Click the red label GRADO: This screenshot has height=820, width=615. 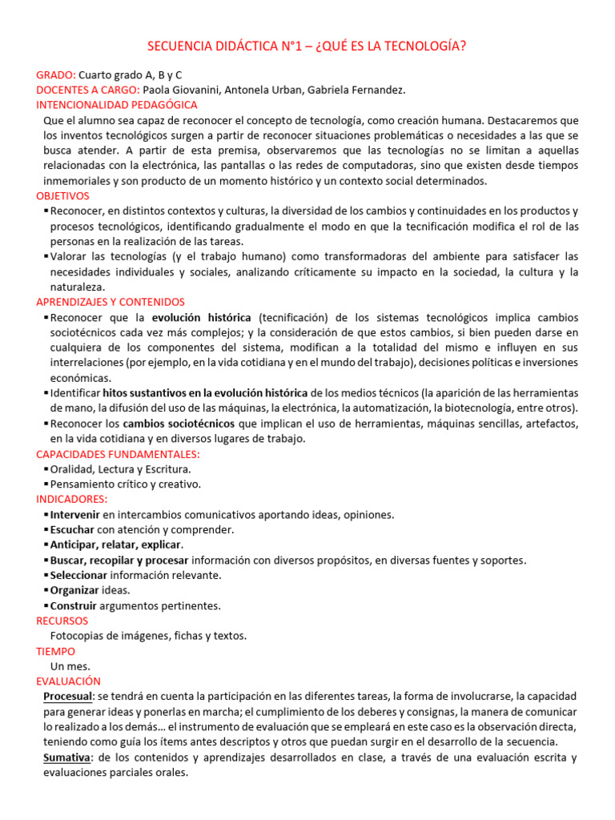tap(56, 74)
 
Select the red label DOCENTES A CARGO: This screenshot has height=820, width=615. tap(88, 90)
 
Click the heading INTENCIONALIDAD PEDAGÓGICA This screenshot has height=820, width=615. tap(117, 105)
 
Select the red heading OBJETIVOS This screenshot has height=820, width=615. tap(63, 195)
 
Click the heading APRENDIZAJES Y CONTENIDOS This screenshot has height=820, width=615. tap(111, 302)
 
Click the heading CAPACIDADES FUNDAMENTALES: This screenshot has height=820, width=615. tap(118, 454)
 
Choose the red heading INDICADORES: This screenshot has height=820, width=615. tap(72, 499)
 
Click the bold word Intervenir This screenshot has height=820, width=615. tap(75, 515)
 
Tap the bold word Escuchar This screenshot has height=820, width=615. tap(72, 529)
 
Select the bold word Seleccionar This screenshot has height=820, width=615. tap(78, 575)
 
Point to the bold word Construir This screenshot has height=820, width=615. tap(74, 605)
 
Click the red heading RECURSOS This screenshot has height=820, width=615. tap(62, 621)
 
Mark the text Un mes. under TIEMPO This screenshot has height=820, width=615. tap(70, 665)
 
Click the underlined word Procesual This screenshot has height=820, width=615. tap(69, 696)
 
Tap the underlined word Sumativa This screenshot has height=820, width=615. tap(67, 757)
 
